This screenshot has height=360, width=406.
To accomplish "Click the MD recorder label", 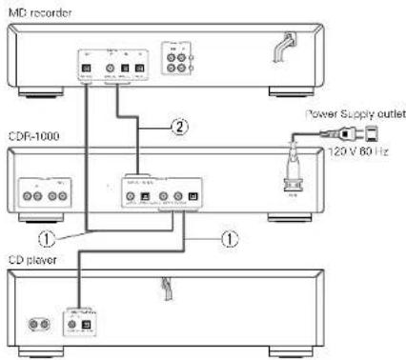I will click(30, 9).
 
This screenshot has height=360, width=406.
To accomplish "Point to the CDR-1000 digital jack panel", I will click(162, 190).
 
